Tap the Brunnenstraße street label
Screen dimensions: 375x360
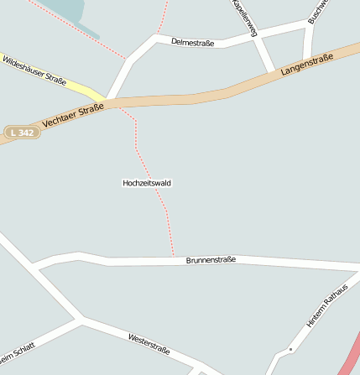coord(211,260)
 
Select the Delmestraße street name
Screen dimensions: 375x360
coord(192,41)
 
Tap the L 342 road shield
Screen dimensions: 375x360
coord(22,133)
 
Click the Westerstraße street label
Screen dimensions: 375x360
coord(149,343)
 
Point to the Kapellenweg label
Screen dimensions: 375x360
coord(244,16)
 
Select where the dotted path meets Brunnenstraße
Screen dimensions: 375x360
coord(173,255)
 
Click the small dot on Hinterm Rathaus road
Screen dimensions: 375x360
coord(290,348)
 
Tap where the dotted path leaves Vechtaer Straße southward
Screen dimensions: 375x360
coord(126,107)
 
